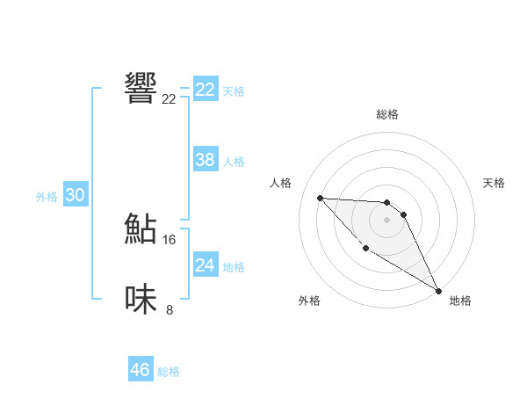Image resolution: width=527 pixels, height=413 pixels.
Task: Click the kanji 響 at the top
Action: pyautogui.click(x=141, y=88)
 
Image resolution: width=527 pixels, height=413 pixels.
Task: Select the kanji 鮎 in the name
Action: pyautogui.click(x=141, y=228)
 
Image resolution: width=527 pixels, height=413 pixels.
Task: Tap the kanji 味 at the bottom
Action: pyautogui.click(x=141, y=299)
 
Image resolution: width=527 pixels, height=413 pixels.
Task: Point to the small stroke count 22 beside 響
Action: pyautogui.click(x=169, y=99)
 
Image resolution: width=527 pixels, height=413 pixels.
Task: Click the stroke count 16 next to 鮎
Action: pyautogui.click(x=169, y=240)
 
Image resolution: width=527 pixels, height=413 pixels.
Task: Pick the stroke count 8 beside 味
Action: pyautogui.click(x=169, y=309)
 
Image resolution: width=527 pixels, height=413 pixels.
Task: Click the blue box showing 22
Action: pyautogui.click(x=206, y=90)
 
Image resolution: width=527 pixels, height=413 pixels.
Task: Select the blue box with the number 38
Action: pyautogui.click(x=206, y=160)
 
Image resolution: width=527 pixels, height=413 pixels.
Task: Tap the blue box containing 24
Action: pyautogui.click(x=206, y=265)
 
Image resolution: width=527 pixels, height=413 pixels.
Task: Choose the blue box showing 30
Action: pyautogui.click(x=76, y=195)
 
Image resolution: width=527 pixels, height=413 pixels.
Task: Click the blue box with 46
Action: pyautogui.click(x=141, y=370)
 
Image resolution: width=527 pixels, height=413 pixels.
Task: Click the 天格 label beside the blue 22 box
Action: pyautogui.click(x=234, y=91)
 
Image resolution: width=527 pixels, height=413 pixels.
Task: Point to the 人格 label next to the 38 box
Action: pyautogui.click(x=234, y=162)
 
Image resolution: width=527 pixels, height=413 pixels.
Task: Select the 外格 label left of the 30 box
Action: pyautogui.click(x=47, y=197)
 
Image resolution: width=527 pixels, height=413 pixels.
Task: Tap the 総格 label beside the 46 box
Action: pyautogui.click(x=169, y=372)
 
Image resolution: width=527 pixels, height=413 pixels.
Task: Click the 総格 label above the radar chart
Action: pyautogui.click(x=387, y=114)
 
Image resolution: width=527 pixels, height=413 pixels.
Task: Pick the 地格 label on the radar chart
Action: pyautogui.click(x=460, y=301)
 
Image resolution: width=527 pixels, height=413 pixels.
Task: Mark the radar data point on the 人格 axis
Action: pyautogui.click(x=320, y=198)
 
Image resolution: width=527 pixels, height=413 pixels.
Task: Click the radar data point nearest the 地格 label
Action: pyautogui.click(x=439, y=289)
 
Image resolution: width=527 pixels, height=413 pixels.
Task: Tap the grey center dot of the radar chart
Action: pyautogui.click(x=387, y=220)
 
